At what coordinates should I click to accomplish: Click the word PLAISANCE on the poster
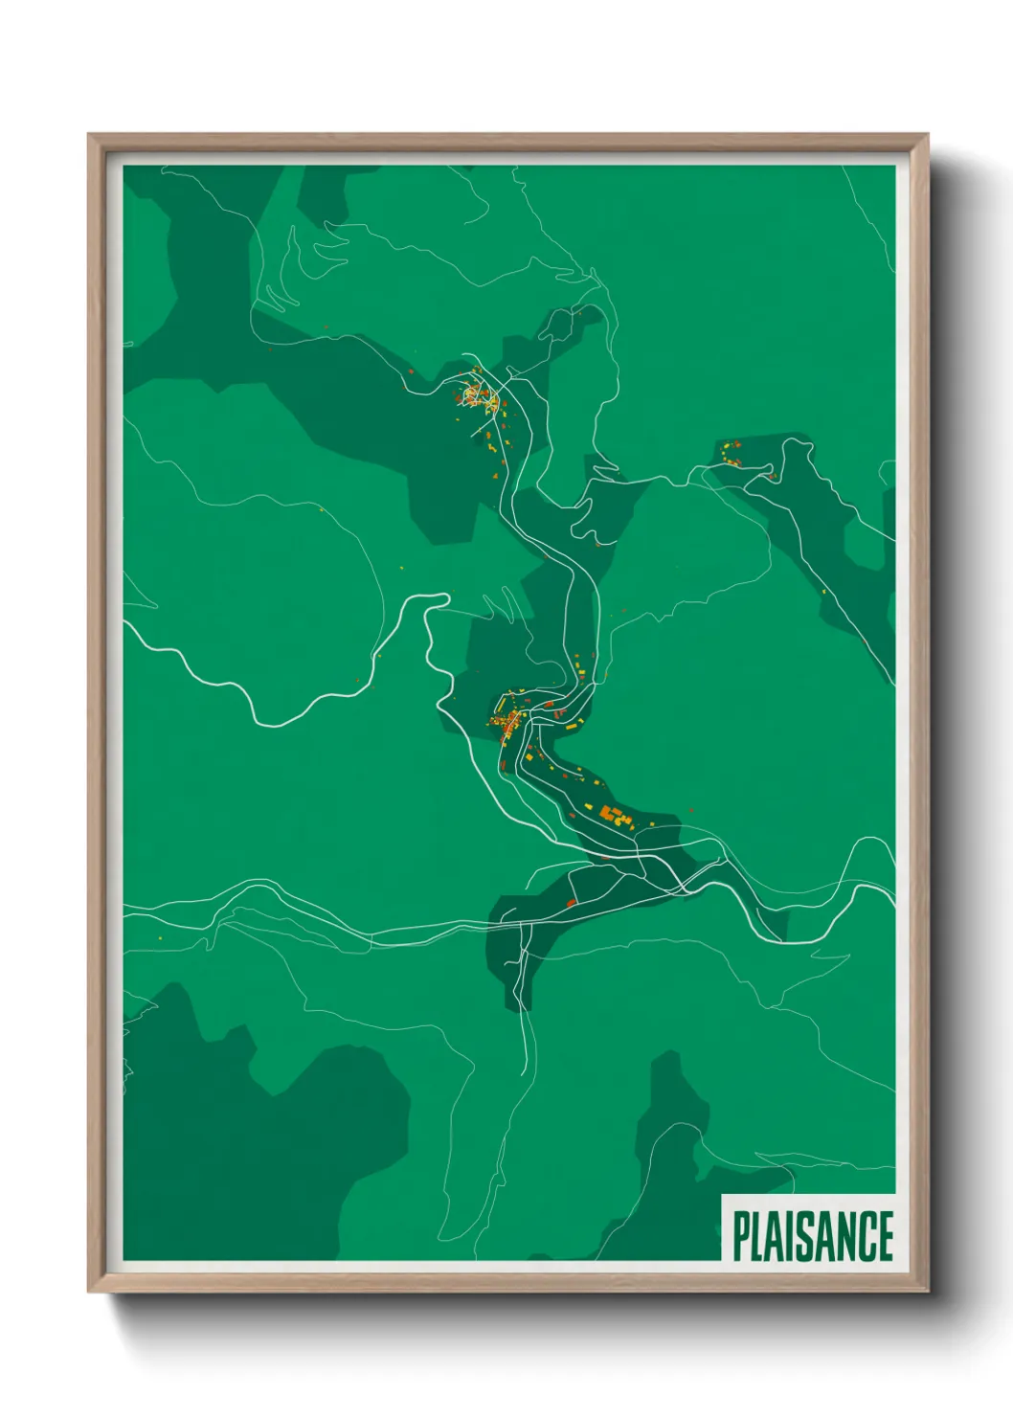[x=813, y=1236]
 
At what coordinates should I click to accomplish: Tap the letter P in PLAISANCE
[x=741, y=1236]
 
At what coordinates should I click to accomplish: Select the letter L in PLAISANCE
[x=759, y=1236]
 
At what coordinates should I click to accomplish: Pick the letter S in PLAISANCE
[x=807, y=1236]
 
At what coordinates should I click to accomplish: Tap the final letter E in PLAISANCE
[x=886, y=1236]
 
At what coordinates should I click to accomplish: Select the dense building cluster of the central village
[x=506, y=720]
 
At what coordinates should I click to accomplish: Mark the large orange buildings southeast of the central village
[x=614, y=816]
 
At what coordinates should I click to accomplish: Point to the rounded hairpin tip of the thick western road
[x=443, y=599]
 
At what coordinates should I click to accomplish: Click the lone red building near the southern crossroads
[x=571, y=902]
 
